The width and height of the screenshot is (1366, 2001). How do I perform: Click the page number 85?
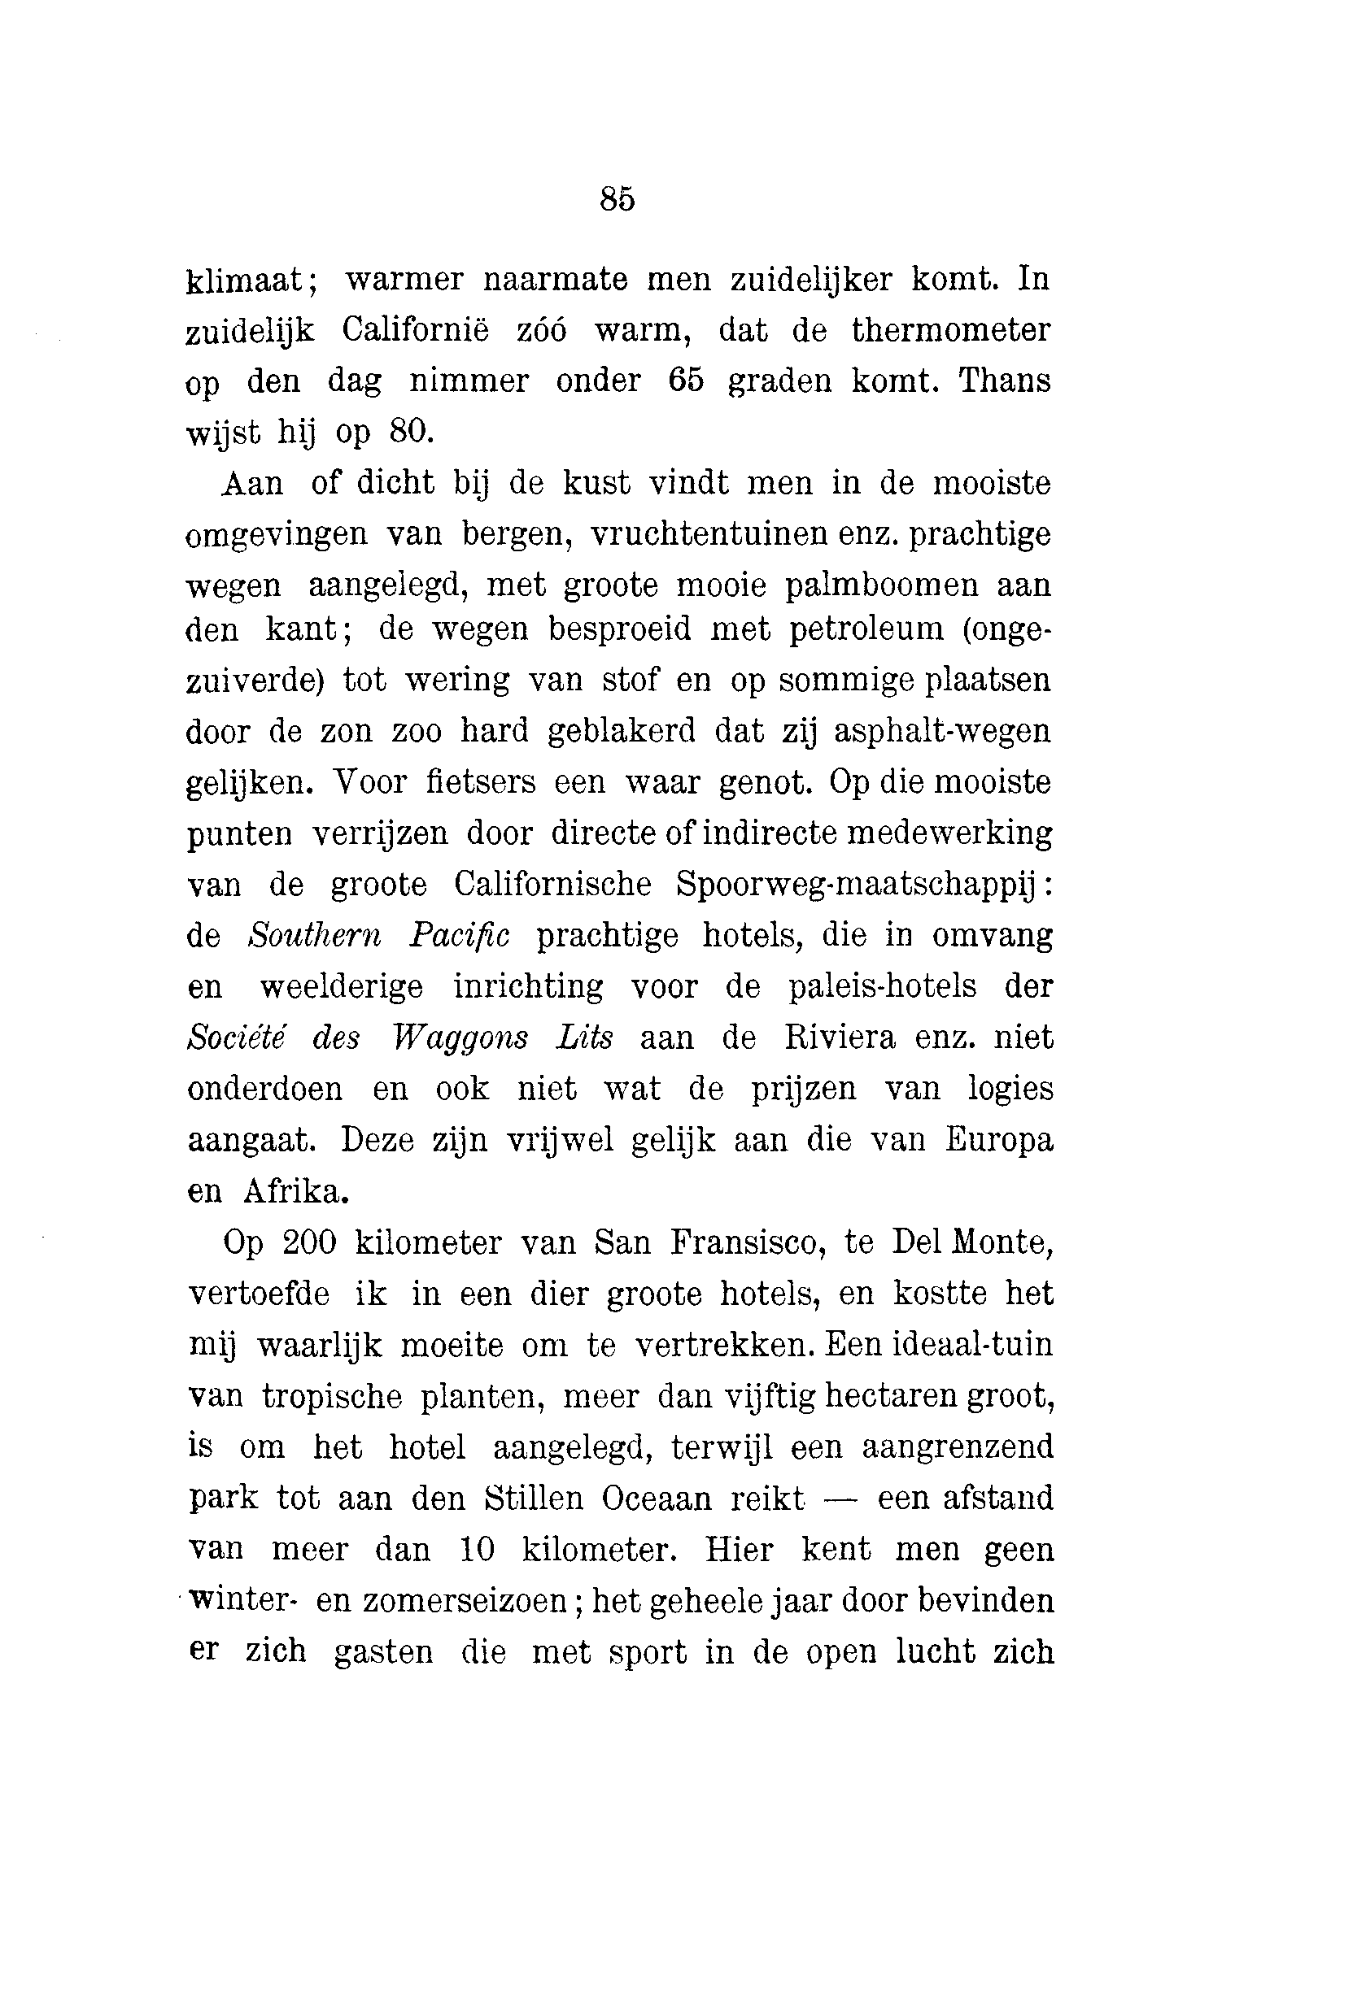[617, 199]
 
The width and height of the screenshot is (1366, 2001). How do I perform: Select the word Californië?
[415, 330]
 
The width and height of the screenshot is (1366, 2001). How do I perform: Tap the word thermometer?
[951, 330]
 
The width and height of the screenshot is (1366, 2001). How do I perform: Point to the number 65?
[686, 381]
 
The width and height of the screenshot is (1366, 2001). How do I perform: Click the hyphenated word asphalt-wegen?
[942, 732]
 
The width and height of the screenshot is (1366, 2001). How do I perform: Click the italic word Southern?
[314, 936]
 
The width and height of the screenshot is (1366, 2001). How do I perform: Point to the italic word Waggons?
[459, 1038]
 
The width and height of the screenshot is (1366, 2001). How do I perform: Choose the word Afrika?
[296, 1192]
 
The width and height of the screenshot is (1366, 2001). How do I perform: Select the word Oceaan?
[657, 1499]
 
